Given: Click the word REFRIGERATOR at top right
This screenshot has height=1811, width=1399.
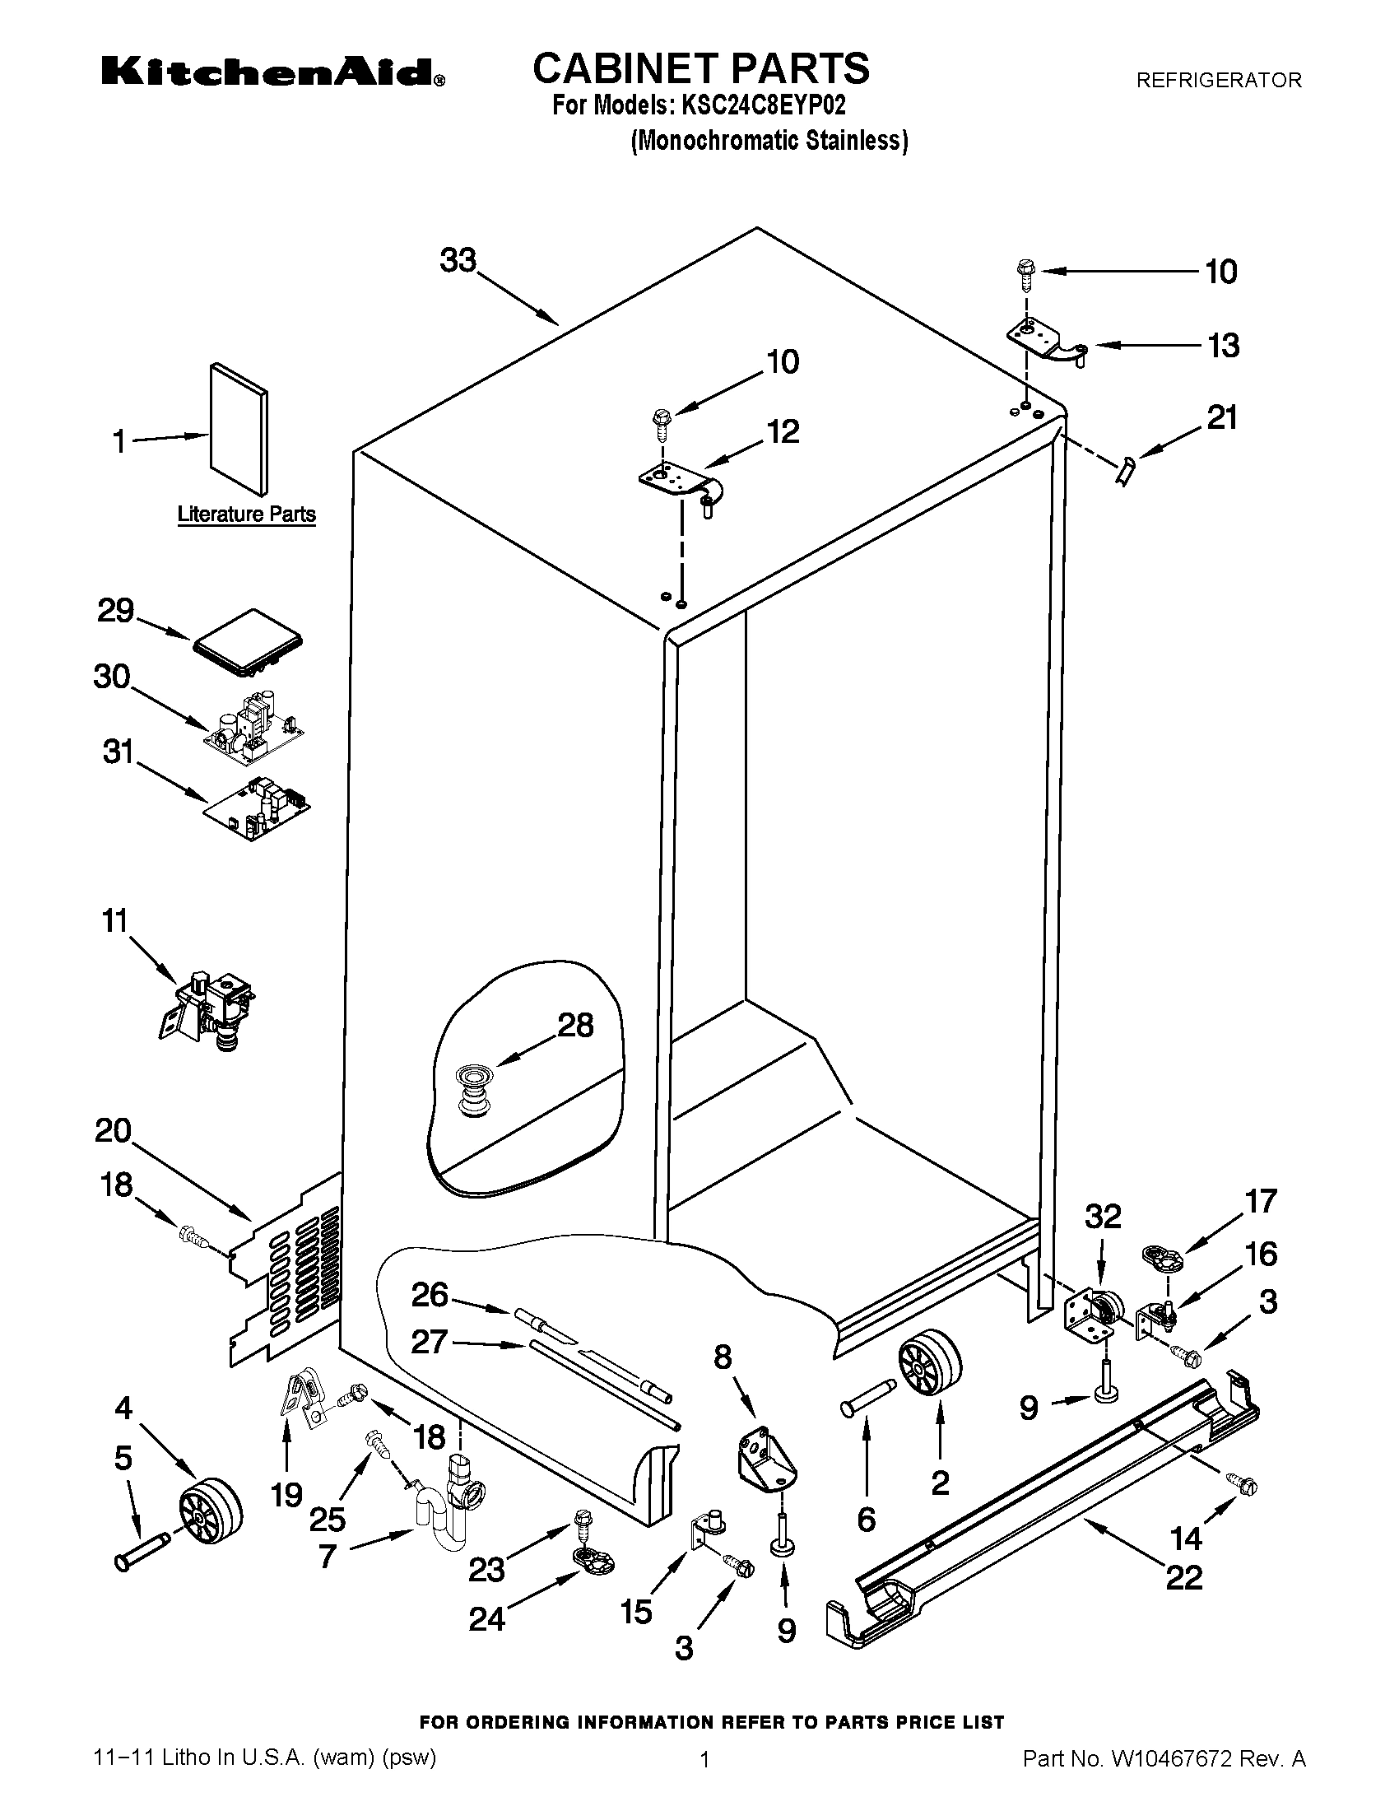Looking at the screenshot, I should pyautogui.click(x=1218, y=81).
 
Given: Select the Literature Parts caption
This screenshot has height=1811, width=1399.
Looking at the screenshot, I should pyautogui.click(x=246, y=514).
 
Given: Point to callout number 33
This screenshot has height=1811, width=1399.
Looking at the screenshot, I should pyautogui.click(x=458, y=260).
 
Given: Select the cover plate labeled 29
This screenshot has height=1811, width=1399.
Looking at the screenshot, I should pyautogui.click(x=247, y=641).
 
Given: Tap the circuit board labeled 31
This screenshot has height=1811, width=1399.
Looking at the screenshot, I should pyautogui.click(x=258, y=808).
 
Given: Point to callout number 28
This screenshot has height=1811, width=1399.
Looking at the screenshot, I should pyautogui.click(x=575, y=1026).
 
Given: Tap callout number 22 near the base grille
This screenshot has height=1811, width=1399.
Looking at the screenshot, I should pyautogui.click(x=1183, y=1576).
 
